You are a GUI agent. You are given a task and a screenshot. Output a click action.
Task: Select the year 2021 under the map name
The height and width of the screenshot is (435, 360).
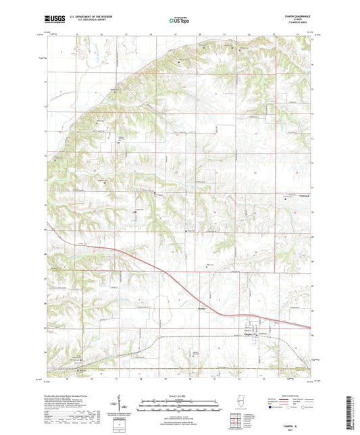coord(302,426)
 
